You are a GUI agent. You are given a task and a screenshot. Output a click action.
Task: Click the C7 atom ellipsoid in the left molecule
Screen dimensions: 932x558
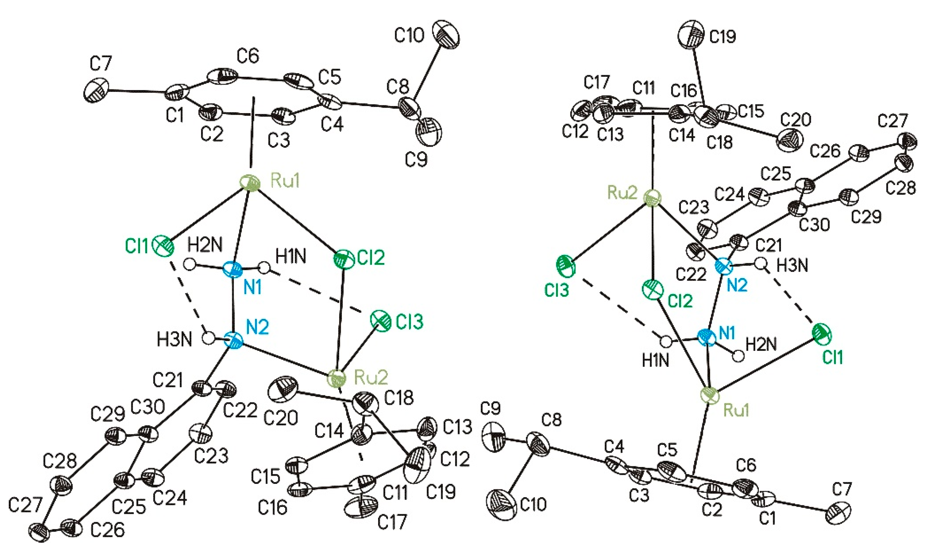(x=96, y=89)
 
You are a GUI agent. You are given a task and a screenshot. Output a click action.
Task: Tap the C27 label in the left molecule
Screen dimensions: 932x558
(x=25, y=505)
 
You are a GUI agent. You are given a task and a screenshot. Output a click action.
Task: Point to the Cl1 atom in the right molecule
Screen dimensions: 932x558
(x=822, y=333)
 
